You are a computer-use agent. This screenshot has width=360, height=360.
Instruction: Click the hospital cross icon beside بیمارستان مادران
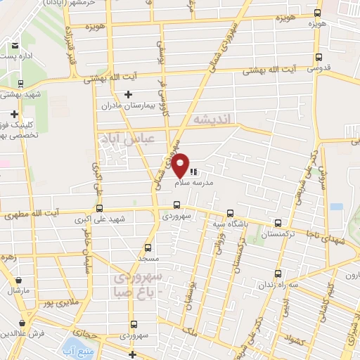click(x=127, y=94)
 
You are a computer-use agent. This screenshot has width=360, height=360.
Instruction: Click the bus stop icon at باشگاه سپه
click(x=231, y=214)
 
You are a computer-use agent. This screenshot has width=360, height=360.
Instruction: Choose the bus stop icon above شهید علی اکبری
click(x=98, y=208)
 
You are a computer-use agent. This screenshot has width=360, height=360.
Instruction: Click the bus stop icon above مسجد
click(x=147, y=248)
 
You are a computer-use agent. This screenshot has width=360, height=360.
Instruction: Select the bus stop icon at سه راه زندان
click(x=278, y=272)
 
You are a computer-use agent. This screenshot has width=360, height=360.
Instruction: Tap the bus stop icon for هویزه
click(x=317, y=13)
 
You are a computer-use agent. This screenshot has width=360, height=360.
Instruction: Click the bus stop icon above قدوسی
click(x=320, y=58)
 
